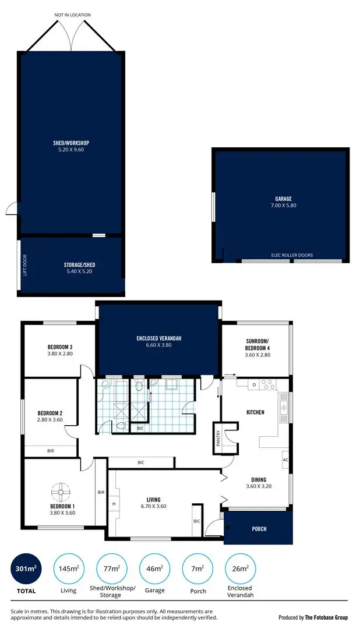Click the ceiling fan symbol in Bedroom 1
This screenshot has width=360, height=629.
coord(60,493)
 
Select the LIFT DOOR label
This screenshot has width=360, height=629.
coord(24,266)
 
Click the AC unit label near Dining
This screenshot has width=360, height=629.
coord(285,459)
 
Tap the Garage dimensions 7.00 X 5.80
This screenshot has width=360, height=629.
coord(283,206)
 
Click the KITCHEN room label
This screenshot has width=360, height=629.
coord(255,412)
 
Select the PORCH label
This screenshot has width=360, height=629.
coord(259,529)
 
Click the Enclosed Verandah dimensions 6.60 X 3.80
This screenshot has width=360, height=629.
coord(159,345)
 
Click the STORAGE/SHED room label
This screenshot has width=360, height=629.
coord(77,265)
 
